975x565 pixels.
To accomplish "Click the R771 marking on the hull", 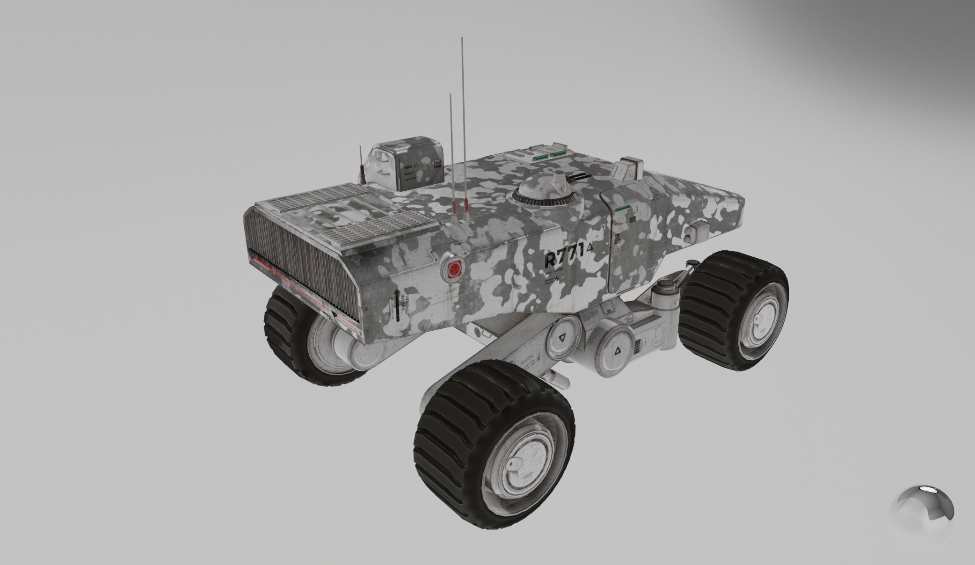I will [x=564, y=256].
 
